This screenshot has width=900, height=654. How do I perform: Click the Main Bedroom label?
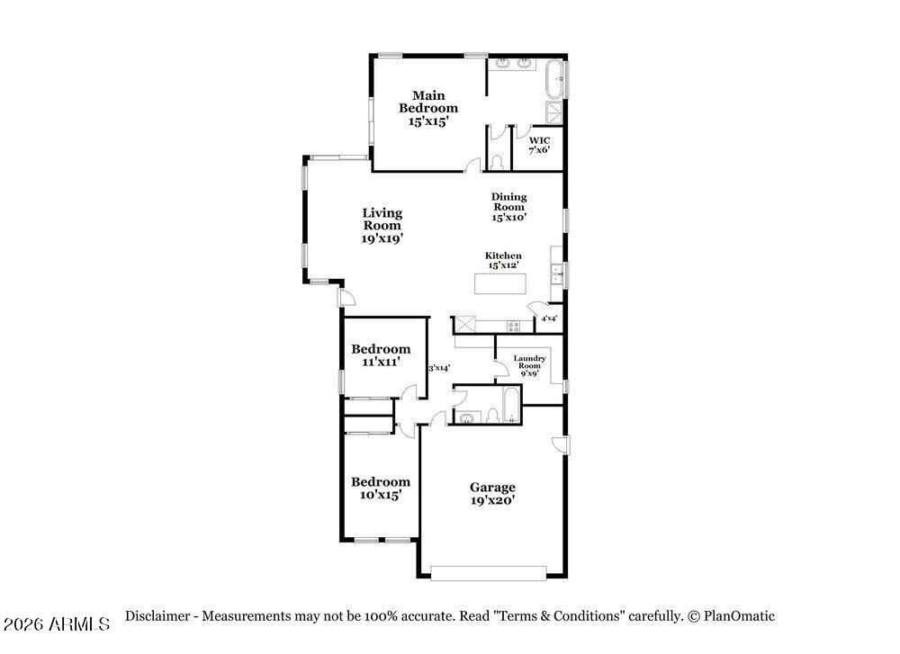point(428,109)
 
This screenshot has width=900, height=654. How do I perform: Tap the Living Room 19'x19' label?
point(382,226)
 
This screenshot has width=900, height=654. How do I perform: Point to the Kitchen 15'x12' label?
point(503,261)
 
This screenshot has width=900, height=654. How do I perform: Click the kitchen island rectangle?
point(500,283)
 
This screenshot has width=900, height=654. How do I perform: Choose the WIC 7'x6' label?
point(539,145)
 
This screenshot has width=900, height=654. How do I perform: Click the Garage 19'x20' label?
point(492,494)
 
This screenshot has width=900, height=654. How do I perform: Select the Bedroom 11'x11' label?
point(381,355)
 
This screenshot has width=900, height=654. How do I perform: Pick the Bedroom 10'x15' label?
point(381,488)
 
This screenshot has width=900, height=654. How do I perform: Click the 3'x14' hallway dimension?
point(439,368)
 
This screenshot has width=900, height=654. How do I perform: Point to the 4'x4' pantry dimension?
point(549,318)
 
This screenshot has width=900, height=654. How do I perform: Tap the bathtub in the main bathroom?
point(554,78)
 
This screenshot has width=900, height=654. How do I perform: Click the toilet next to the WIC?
point(497,161)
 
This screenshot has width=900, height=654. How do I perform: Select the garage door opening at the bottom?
point(489,573)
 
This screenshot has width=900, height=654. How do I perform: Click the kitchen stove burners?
point(513,327)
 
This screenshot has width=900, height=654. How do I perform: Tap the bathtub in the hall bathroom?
point(511,405)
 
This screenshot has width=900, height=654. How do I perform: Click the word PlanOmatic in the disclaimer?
point(739,616)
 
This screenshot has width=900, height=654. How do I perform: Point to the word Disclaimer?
point(157,616)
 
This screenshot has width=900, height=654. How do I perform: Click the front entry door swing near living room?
point(346,298)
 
